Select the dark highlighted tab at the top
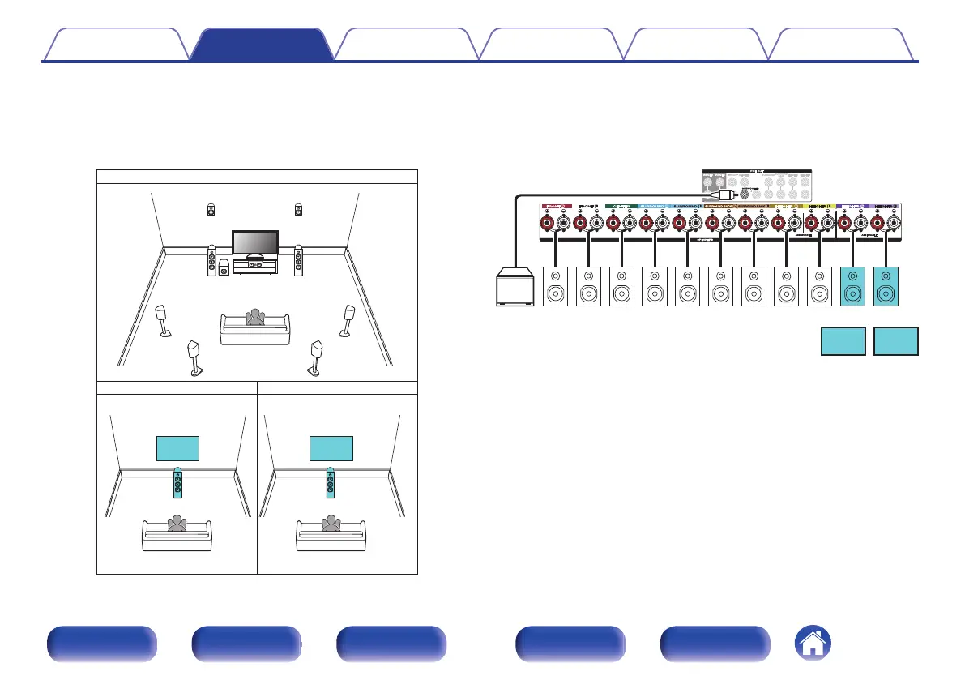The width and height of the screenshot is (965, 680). click(261, 45)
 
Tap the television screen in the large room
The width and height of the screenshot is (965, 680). click(255, 243)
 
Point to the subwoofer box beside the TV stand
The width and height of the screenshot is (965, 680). click(223, 268)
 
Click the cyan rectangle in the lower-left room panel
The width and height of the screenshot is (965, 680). click(177, 448)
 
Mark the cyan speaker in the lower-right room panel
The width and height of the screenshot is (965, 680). click(330, 484)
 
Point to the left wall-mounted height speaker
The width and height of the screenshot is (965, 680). click(211, 209)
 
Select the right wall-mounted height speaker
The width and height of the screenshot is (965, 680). click(298, 209)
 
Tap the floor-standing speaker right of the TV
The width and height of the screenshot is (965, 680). click(299, 261)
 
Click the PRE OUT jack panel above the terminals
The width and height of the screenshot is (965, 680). click(755, 185)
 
